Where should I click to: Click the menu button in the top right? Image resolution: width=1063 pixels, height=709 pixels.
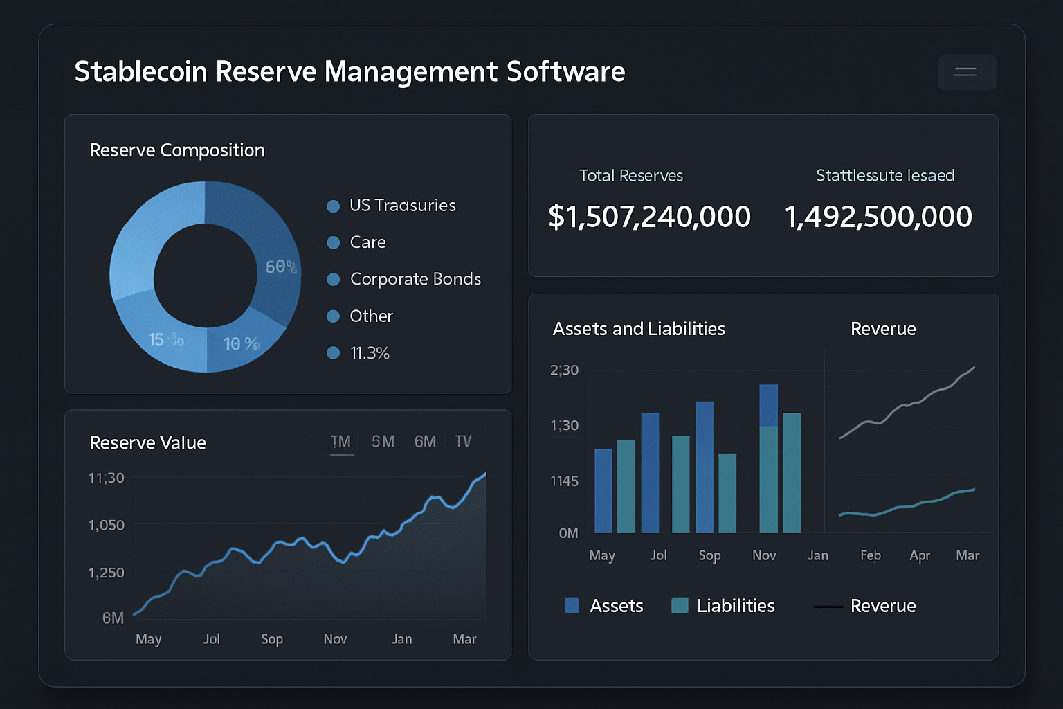tap(966, 72)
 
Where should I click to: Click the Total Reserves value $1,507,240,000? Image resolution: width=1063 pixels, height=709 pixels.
tap(649, 217)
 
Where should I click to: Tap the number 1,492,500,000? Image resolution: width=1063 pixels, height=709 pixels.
tap(878, 217)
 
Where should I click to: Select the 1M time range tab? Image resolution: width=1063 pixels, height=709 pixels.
tap(340, 442)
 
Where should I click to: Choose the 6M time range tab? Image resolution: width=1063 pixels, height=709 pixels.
tap(425, 442)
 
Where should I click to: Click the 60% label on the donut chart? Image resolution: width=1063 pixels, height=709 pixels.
tap(281, 267)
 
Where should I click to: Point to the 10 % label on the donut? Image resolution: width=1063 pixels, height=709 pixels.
tap(241, 343)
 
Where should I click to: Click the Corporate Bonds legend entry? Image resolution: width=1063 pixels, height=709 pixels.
tap(415, 279)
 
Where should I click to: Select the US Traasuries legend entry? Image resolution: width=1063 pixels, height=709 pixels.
tap(402, 206)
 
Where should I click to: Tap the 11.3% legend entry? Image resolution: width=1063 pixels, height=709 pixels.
tap(370, 353)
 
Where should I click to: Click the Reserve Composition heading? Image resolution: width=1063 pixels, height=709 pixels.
tap(177, 150)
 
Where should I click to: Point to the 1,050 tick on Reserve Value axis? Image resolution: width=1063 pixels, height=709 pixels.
tap(107, 526)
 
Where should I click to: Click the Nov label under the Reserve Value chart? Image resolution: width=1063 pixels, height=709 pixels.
tap(335, 639)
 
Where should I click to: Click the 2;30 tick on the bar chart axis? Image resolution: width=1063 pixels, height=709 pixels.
tap(564, 370)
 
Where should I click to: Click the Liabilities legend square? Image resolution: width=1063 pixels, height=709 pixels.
tap(680, 605)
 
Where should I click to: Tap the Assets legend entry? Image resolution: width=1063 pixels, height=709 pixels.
tap(616, 606)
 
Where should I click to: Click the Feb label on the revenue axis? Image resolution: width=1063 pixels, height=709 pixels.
tap(871, 555)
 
